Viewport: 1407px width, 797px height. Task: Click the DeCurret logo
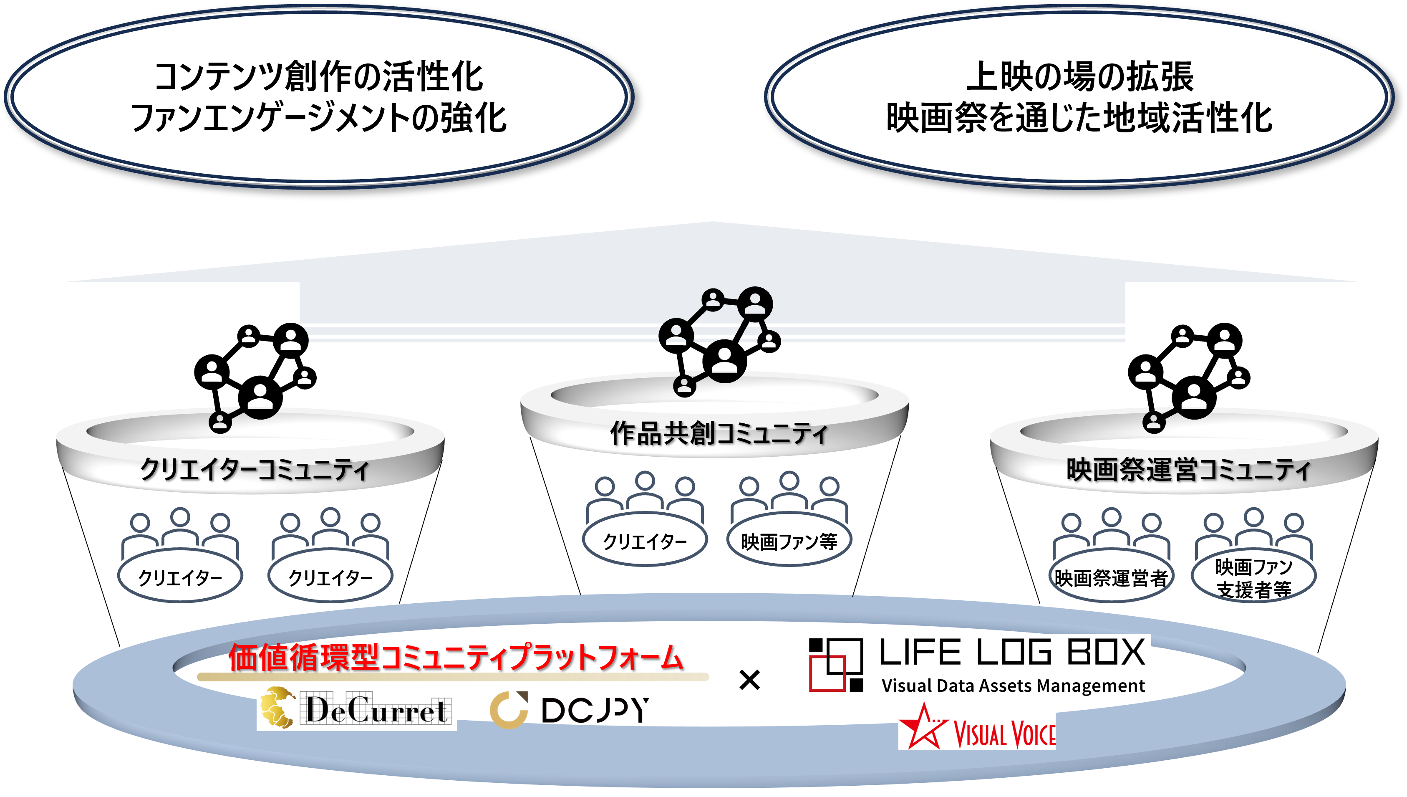[x=357, y=708]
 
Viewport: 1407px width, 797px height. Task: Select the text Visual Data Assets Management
[x=1013, y=686]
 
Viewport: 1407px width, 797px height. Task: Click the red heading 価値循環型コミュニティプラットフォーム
[x=455, y=657]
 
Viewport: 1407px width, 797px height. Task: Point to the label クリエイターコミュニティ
[x=255, y=469]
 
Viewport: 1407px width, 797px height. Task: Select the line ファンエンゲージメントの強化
[x=318, y=118]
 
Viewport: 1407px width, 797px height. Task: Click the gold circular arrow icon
[x=509, y=710]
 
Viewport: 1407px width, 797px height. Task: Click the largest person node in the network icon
[x=754, y=303]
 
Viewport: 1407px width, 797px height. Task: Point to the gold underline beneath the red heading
[x=453, y=677]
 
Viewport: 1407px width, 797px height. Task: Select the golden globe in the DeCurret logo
[x=278, y=708]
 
